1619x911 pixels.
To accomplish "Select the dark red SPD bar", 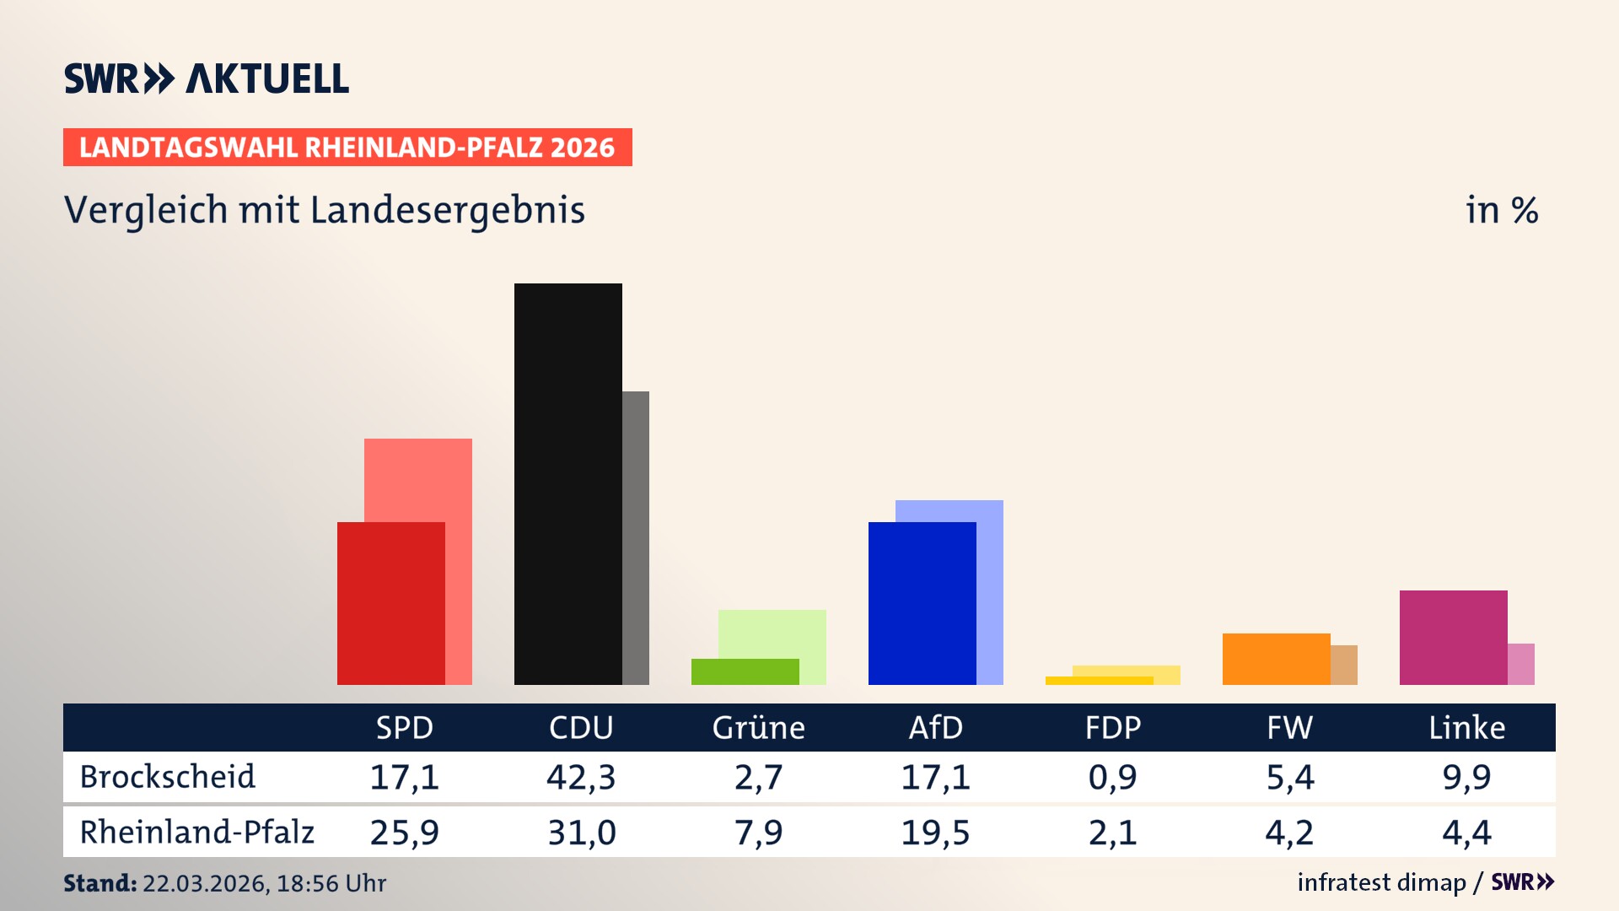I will tap(390, 603).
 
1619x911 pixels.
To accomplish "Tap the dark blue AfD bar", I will tap(922, 603).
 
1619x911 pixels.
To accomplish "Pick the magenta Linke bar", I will tap(1453, 637).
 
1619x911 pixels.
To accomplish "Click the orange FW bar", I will tap(1276, 659).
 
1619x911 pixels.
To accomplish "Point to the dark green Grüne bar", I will tap(745, 671).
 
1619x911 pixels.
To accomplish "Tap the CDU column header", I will tap(581, 727).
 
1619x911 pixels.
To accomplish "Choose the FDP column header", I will tap(1112, 727).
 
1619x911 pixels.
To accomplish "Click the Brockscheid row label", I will tap(167, 777).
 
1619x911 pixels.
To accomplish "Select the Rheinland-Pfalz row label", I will tap(196, 832).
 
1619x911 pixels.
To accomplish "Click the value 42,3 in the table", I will tap(581, 777).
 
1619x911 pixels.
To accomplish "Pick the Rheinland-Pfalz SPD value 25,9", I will tap(404, 833).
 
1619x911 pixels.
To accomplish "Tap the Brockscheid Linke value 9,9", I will tap(1466, 777).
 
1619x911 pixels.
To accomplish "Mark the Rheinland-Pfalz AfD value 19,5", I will tap(935, 833).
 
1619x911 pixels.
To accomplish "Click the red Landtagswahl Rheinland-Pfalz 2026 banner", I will tap(347, 147).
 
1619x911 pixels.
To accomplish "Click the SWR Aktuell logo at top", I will tap(206, 78).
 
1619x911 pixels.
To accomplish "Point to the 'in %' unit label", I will tap(1501, 210).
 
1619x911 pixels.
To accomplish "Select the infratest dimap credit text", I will tap(1380, 882).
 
